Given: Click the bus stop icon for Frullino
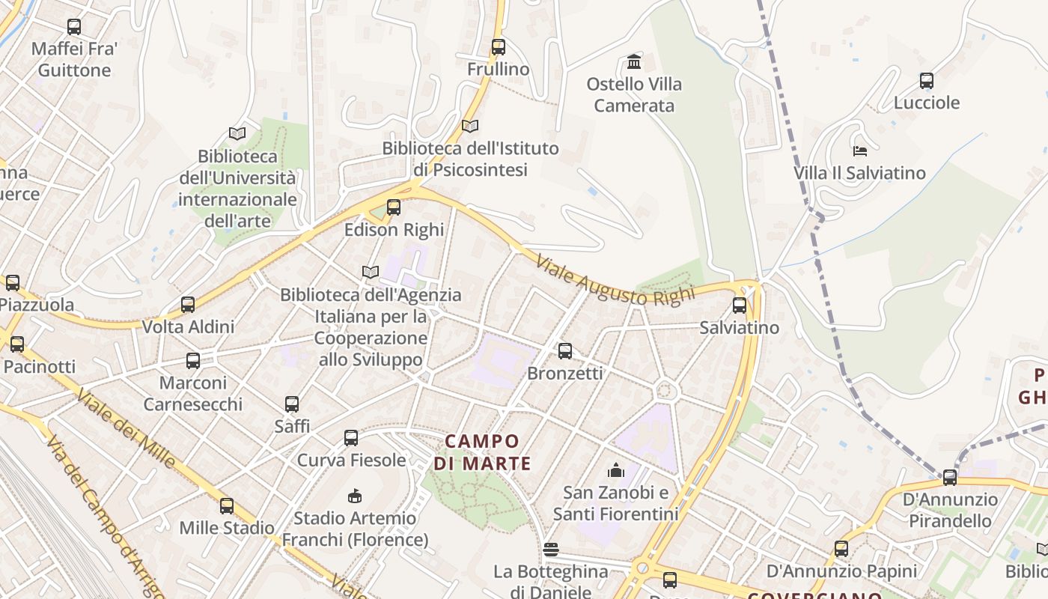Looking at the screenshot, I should (499, 47).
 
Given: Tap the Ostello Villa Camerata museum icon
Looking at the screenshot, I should (634, 61).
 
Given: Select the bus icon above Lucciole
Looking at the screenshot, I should (927, 81).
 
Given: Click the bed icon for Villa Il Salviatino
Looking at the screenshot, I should (860, 150).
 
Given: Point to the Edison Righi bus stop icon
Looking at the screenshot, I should (394, 207).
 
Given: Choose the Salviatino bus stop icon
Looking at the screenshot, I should (740, 305).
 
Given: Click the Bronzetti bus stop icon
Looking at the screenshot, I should (565, 350).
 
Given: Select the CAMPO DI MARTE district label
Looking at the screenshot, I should (482, 452).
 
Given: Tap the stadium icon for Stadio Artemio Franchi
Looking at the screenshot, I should (355, 496).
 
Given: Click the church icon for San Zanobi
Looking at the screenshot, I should (616, 470).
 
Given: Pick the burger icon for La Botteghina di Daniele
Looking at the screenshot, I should (551, 550).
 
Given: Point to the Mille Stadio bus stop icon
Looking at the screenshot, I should (227, 505).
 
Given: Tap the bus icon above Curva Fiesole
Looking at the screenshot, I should (351, 438).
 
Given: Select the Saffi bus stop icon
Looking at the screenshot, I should (292, 404).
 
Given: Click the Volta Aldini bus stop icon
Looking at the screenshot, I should (188, 305).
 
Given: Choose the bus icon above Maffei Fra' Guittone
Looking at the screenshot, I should (74, 27).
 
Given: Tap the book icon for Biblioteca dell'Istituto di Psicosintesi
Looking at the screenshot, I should (470, 126).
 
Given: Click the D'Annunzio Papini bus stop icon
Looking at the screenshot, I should (841, 549).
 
